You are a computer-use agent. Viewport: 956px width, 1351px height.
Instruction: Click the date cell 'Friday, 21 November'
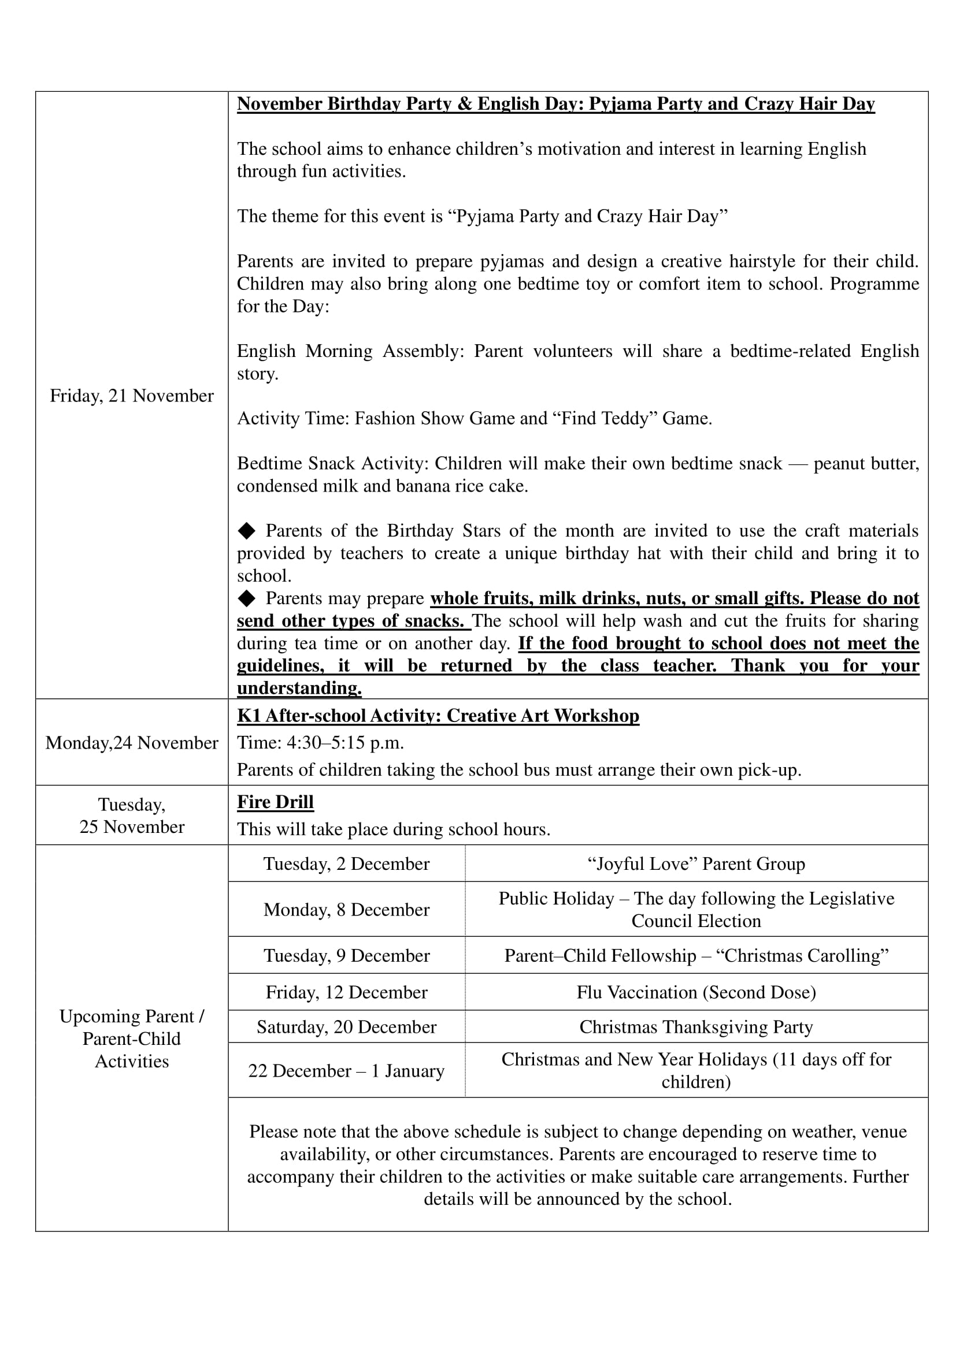point(131,396)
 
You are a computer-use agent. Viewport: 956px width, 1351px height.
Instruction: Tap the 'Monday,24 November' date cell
point(131,743)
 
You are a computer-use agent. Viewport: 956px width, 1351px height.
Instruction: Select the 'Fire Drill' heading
point(275,802)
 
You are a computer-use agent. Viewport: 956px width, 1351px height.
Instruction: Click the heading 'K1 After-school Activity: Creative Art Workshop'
point(438,715)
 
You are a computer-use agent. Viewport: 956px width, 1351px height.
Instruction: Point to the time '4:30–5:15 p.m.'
point(345,743)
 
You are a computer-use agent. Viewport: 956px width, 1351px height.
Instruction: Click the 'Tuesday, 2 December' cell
point(346,863)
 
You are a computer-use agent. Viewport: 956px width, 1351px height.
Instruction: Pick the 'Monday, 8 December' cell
point(346,909)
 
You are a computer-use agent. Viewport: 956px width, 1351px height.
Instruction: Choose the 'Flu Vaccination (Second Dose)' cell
point(696,992)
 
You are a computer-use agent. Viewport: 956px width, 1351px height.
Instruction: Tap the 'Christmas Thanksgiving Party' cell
point(696,1026)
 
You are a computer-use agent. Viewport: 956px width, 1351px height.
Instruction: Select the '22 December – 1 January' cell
point(346,1070)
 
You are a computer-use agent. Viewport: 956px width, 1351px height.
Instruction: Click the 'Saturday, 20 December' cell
point(346,1026)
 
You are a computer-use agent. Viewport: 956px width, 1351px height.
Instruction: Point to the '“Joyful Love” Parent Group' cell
point(696,863)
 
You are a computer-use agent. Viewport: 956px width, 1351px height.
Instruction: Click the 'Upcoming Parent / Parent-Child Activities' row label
point(131,1039)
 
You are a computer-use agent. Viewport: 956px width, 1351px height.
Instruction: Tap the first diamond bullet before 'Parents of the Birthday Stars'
point(247,531)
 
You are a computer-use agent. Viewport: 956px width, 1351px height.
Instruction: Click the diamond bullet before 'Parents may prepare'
point(247,598)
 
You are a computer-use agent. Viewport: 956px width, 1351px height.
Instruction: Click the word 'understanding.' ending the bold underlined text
point(299,688)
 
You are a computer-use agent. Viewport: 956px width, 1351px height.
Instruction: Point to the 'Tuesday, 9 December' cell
point(346,955)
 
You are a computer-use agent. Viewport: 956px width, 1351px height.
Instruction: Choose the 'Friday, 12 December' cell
point(346,992)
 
